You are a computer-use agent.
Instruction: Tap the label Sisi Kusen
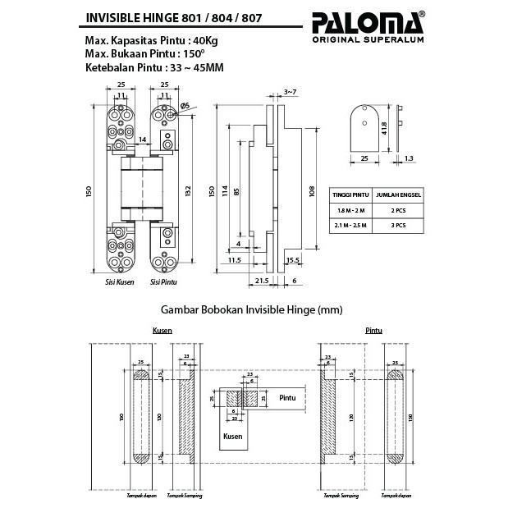pos(120,282)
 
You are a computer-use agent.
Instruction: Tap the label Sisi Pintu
pos(163,282)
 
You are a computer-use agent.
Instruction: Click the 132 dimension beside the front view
pos(188,190)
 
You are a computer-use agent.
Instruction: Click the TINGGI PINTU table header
pos(347,195)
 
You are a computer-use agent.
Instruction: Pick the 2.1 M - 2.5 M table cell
pos(347,224)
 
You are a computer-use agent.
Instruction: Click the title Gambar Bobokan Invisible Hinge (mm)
pos(254,310)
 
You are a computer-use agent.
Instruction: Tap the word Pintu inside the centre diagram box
pos(287,398)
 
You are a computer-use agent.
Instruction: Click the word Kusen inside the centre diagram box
pos(232,437)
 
